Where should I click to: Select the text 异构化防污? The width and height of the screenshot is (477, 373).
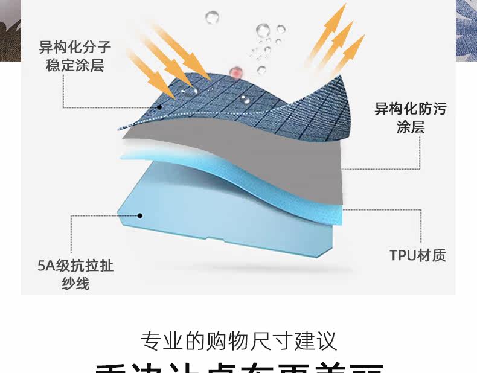point(410,109)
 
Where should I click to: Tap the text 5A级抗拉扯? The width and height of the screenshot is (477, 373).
point(75,266)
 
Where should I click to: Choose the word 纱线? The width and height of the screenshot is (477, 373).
point(75,283)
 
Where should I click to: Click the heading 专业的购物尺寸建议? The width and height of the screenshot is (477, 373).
point(238,340)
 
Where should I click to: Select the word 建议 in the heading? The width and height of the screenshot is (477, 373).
point(322,340)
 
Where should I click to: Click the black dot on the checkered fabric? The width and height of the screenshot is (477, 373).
point(160,107)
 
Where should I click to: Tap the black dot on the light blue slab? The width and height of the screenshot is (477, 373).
point(139,215)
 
